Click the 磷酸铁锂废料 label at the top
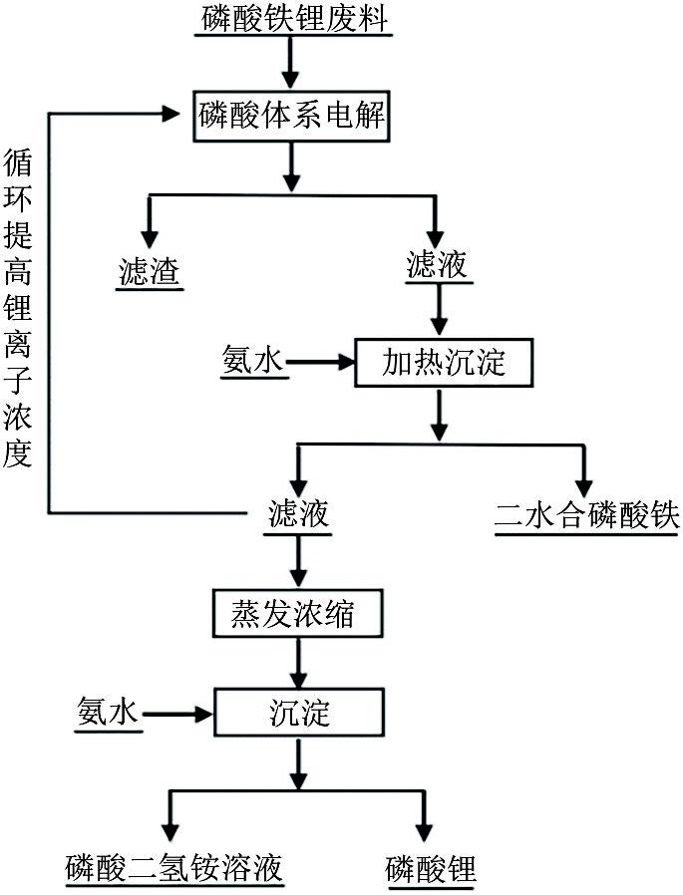coord(290,19)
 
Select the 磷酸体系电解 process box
coord(290,117)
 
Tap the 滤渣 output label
coord(150,271)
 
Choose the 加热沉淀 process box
coord(444,363)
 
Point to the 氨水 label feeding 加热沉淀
coord(252,363)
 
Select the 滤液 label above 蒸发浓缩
coord(298,515)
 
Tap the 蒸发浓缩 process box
coord(298,615)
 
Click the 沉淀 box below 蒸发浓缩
coord(298,712)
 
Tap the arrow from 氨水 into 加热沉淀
coord(323,363)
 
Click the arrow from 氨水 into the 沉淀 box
coord(179,712)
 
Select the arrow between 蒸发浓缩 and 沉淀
coord(298,663)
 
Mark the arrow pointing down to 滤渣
coord(150,224)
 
